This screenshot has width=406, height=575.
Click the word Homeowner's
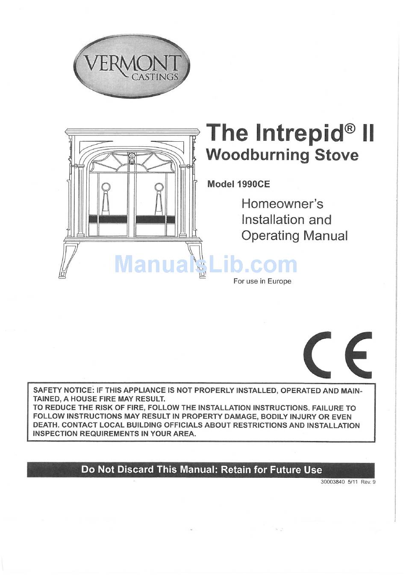click(x=282, y=204)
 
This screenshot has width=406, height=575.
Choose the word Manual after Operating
click(x=326, y=236)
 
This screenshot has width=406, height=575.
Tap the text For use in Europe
click(x=262, y=281)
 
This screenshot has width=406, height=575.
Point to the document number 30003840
click(x=332, y=482)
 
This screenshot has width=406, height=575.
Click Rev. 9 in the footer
click(x=368, y=482)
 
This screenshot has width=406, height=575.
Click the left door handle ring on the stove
click(x=105, y=187)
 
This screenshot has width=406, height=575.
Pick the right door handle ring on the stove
click(x=159, y=187)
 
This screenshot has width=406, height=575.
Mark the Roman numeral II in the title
click(x=367, y=133)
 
